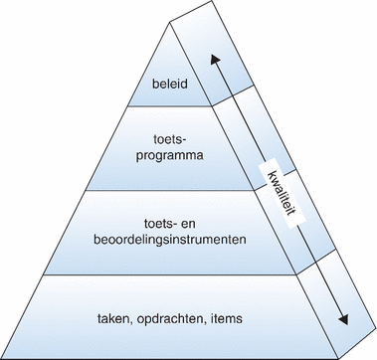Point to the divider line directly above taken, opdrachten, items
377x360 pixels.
coord(159,276)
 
